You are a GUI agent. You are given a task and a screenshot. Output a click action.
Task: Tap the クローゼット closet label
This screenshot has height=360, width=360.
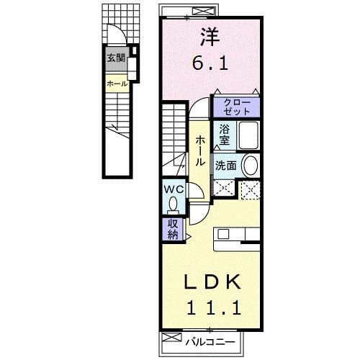pos(235,107)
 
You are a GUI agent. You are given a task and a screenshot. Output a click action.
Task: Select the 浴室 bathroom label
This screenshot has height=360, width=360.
pos(225,135)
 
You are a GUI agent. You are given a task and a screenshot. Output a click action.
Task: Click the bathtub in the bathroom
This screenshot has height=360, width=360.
pos(248,135)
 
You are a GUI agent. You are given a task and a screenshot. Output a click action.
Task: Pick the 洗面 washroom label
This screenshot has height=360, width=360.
pos(225,165)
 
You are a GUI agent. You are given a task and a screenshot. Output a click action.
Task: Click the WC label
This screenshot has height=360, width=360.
pos(175,189)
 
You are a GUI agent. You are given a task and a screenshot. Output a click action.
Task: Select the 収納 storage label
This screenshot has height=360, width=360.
pos(174,230)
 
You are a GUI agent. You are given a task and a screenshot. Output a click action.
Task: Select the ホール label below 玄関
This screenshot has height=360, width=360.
pos(117,84)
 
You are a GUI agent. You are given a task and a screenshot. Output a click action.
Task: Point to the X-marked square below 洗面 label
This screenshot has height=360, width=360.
pos(224,189)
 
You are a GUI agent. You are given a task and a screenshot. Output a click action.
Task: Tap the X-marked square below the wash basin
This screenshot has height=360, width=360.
pos(251,189)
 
